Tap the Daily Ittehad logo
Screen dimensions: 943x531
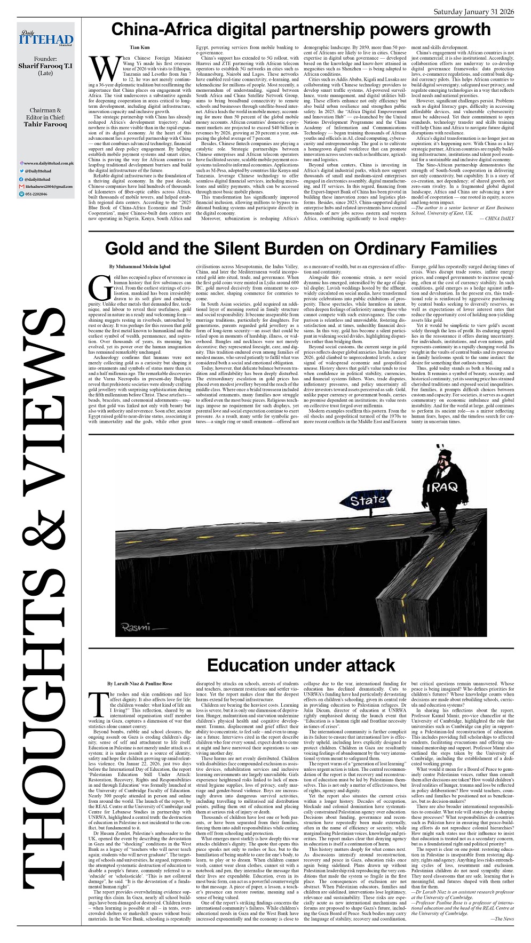pos(45,39)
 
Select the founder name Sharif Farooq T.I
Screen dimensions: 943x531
pos(45,66)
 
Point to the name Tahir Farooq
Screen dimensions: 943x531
pos(45,124)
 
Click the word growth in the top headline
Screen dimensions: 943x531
pos(459,29)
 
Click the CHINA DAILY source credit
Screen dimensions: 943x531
pos(500,218)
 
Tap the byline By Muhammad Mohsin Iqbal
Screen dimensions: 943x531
pos(140,266)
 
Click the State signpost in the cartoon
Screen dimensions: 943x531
pos(368,500)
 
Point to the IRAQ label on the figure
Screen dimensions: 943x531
pos(441,487)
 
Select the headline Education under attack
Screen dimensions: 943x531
pos(301,665)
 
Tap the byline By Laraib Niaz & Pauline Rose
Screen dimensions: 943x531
pos(140,683)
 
